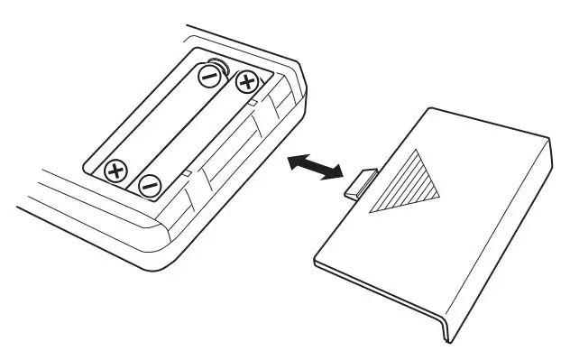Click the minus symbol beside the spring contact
coord(209,78)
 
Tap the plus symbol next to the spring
coord(246,85)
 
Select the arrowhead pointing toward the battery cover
coord(335,173)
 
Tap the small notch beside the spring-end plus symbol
coord(255,105)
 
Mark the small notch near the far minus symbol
coord(185,171)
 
